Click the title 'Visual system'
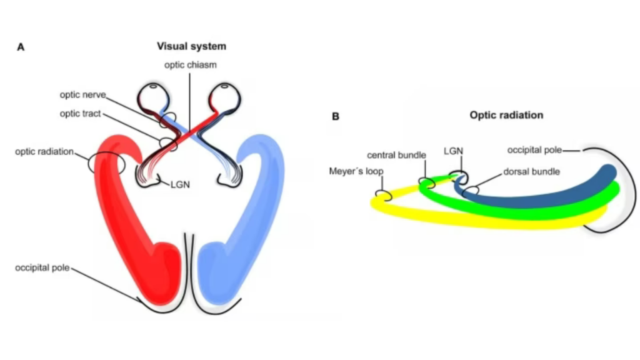click(191, 46)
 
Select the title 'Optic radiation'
click(506, 116)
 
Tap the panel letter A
click(21, 47)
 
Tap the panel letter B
click(336, 116)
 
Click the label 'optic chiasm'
click(191, 64)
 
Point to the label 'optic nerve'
click(82, 95)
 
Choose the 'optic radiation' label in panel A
click(44, 152)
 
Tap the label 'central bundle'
click(397, 154)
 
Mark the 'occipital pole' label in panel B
click(534, 150)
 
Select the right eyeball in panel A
click(226, 97)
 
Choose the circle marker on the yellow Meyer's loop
click(382, 196)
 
